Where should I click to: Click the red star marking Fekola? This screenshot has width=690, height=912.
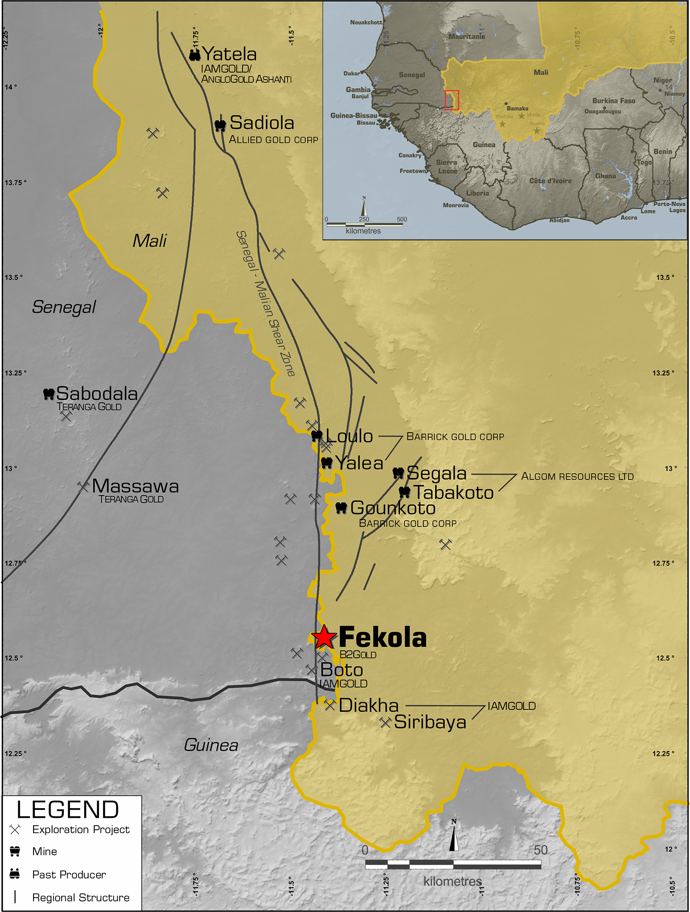point(324,637)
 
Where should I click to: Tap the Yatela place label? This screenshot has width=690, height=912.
point(229,54)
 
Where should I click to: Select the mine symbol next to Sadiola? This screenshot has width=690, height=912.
point(220,125)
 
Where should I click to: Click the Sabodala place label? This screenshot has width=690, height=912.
point(97,393)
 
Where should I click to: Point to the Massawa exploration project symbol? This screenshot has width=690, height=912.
point(83,486)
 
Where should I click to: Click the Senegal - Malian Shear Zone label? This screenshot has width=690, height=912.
point(265,303)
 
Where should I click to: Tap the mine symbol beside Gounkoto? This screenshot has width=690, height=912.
point(341,508)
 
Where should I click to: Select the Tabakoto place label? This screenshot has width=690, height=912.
point(454,493)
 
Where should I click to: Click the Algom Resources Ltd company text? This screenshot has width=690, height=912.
point(577,477)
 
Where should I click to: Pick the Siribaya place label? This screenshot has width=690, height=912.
point(430,722)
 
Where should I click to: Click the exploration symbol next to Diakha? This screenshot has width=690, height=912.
point(330,705)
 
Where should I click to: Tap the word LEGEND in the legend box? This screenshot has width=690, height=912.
point(68,809)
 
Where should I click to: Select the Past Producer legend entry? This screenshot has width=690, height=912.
point(69,874)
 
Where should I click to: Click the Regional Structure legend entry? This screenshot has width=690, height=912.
point(80,897)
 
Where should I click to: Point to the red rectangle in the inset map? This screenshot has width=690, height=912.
point(452,100)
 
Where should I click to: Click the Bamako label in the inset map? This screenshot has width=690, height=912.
point(517,108)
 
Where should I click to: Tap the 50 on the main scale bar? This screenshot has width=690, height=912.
point(540,850)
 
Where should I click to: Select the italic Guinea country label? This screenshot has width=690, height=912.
point(211,745)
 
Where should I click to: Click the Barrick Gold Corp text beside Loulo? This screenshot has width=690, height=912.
point(455,437)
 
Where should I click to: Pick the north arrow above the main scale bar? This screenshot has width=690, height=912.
point(454,836)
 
